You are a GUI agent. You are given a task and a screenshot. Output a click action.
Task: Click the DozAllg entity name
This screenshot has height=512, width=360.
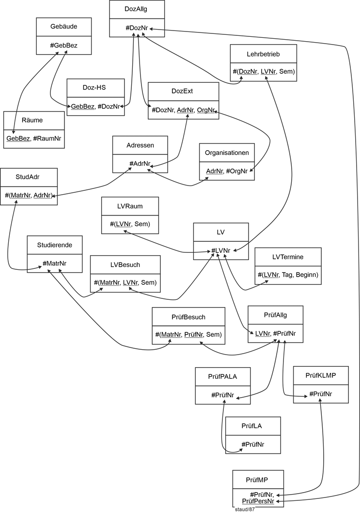tap(137, 9)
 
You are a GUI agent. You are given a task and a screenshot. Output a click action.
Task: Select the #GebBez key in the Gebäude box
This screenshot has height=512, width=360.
tap(64, 46)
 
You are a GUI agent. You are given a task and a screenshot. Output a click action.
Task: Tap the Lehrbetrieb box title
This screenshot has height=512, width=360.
tap(263, 54)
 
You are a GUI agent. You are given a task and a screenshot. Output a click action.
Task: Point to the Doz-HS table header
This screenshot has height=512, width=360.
tap(95, 88)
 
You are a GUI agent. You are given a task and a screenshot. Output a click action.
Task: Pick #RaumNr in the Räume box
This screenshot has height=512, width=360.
tap(47, 139)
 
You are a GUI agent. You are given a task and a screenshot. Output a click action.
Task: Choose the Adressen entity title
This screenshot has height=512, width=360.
tap(140, 145)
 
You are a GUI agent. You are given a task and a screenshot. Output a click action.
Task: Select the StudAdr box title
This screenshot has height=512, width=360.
tap(29, 177)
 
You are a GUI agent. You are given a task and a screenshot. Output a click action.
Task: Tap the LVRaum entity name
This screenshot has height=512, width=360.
tap(130, 206)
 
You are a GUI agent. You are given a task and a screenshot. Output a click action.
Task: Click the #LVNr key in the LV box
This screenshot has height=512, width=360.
tap(221, 250)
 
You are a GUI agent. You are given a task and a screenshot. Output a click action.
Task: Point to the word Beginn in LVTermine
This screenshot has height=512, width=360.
tap(306, 275)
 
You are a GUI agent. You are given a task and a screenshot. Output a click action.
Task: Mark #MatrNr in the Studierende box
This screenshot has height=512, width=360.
tap(54, 263)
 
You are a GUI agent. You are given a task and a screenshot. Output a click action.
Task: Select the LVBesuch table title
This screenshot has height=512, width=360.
tap(125, 264)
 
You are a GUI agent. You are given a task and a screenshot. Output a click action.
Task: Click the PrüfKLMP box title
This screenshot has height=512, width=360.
tap(321, 375)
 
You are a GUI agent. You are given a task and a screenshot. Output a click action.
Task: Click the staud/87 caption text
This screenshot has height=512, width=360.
tap(244, 509)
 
